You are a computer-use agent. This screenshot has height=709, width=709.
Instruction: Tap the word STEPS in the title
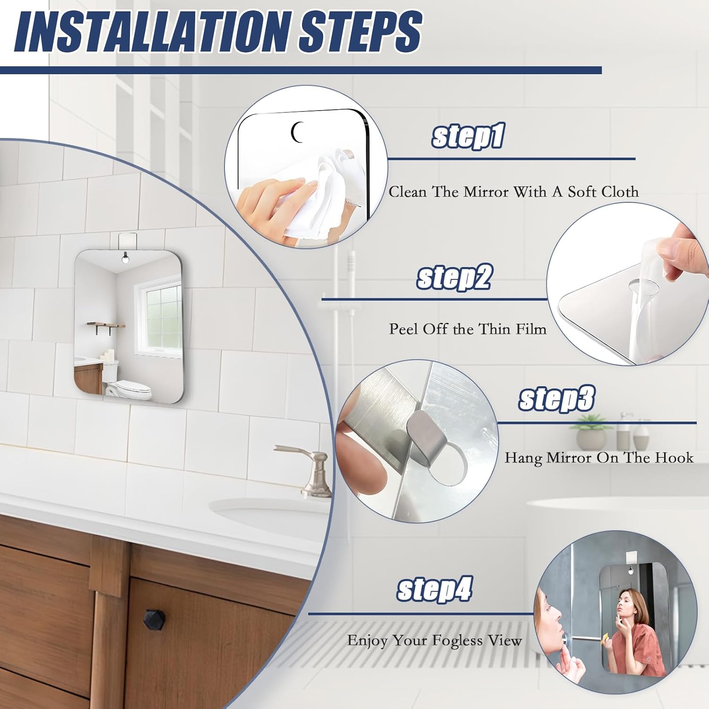tap(360, 32)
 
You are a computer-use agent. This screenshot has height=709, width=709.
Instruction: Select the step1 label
tap(468, 136)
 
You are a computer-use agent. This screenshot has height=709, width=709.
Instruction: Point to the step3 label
tap(556, 398)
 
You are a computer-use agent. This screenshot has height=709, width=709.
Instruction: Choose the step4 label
tap(434, 589)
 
